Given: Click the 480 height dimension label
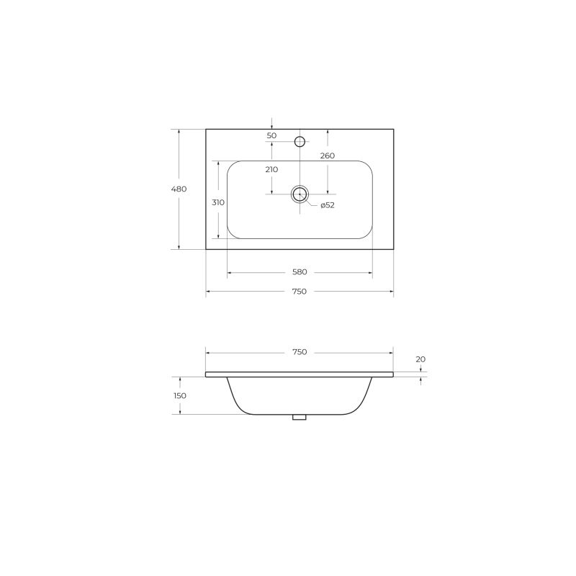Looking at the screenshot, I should [x=179, y=189].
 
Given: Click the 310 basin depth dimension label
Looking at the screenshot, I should [x=218, y=202].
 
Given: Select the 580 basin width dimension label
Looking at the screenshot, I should [x=300, y=272].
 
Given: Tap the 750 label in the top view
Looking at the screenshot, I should [x=300, y=292].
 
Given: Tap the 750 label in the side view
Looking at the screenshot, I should [x=300, y=352].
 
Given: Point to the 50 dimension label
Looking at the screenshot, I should [x=271, y=135].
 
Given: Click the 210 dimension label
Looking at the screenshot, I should [x=271, y=169].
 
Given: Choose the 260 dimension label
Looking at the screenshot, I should [x=328, y=156].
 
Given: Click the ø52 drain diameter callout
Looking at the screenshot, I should [x=328, y=205].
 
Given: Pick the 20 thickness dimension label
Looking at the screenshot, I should [x=420, y=359].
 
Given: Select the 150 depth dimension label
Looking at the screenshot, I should [x=180, y=395].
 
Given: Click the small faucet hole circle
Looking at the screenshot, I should [x=300, y=140].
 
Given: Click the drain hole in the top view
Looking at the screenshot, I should [x=300, y=194].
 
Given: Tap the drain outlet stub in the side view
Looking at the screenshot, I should [x=300, y=417].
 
